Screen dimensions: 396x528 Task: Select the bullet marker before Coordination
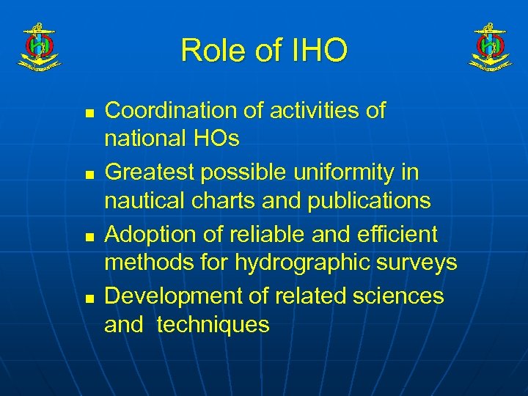89,114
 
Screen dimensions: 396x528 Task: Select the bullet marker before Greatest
89,176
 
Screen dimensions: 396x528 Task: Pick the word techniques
213,323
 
